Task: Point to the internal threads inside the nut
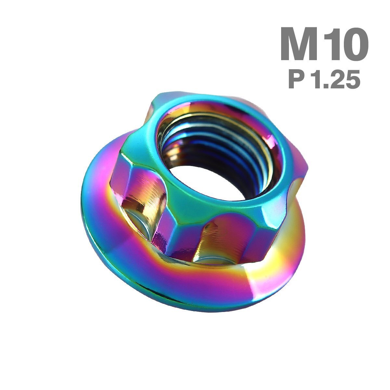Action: click(219, 146)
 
